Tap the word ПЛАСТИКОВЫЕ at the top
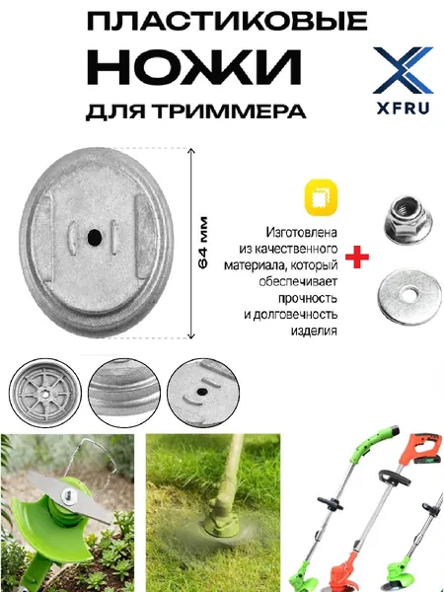tap(227, 22)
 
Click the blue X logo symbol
tap(403, 70)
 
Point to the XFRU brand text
tap(403, 109)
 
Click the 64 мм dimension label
tap(203, 243)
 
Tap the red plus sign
tap(357, 258)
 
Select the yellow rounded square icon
tap(321, 198)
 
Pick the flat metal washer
tap(409, 296)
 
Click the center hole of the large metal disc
tap(95, 237)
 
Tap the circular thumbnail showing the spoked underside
tap(45, 393)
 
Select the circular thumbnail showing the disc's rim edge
tap(124, 393)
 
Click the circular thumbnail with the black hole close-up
tap(203, 393)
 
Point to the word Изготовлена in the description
tap(301, 233)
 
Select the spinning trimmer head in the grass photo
tap(220, 523)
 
